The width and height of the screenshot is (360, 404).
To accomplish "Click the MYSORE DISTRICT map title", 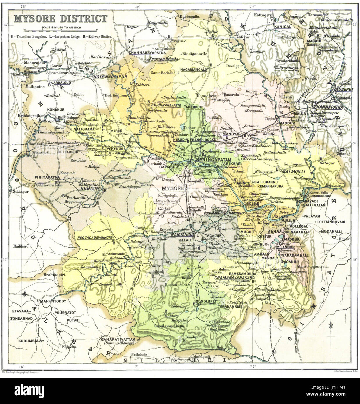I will (x=60, y=19).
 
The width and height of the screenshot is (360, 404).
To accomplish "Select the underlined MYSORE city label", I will (x=173, y=188).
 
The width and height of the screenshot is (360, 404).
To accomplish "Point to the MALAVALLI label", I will (x=293, y=172).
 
